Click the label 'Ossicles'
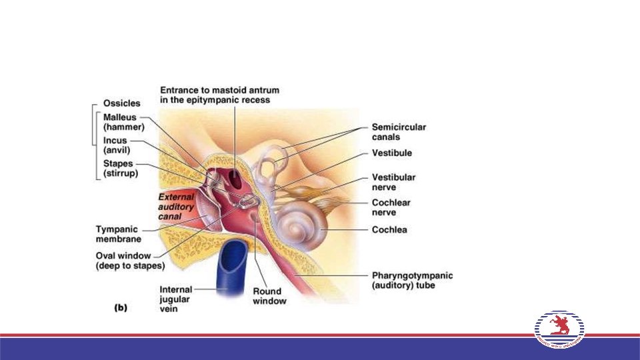point(121,103)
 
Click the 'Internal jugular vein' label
point(176,299)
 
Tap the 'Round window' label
point(269,296)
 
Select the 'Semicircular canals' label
point(399,132)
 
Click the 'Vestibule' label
point(391,153)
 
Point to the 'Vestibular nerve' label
point(393,182)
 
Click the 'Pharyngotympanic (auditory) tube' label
point(411,280)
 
